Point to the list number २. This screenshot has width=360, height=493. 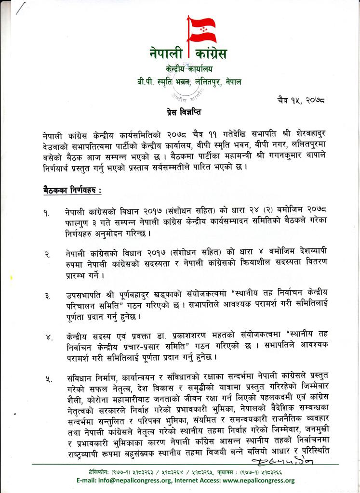(46, 255)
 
